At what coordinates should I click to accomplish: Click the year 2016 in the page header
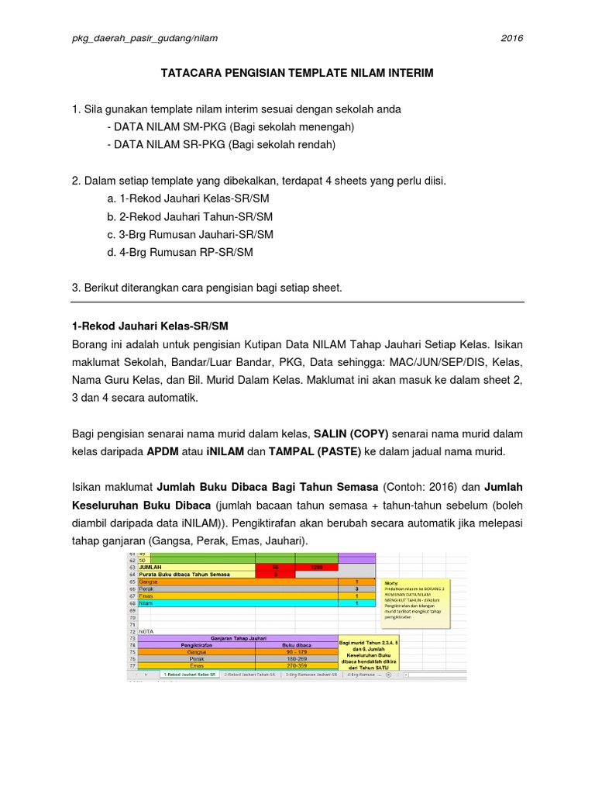[x=512, y=38]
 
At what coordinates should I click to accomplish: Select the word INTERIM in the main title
[x=406, y=72]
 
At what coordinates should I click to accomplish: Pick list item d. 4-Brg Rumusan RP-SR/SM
[x=181, y=252]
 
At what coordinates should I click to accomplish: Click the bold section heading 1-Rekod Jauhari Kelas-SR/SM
[x=150, y=324]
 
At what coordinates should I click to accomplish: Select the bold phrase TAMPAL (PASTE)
[x=314, y=451]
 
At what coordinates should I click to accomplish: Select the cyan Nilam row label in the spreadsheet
[x=145, y=602]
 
